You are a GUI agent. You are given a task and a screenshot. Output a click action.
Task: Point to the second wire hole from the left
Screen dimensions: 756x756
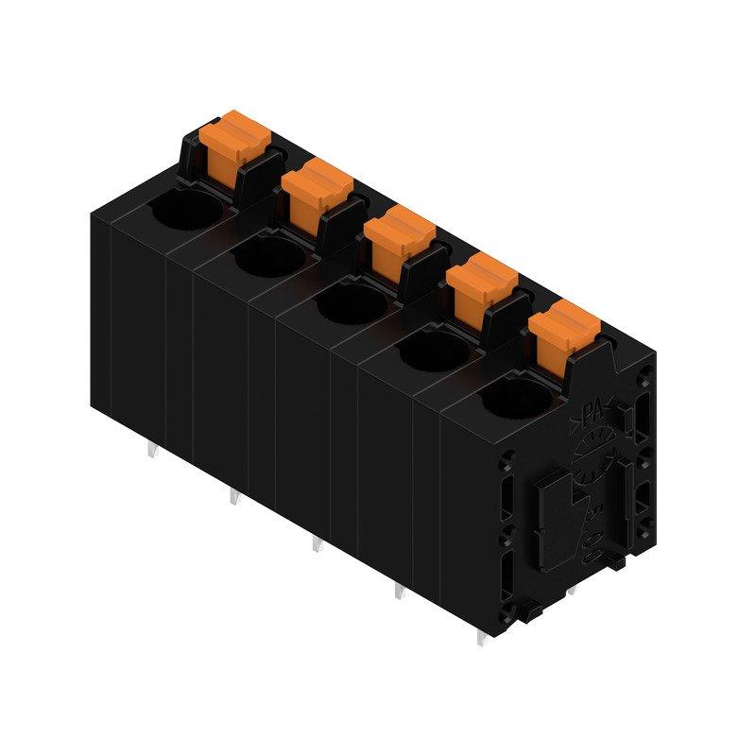[x=270, y=257]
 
